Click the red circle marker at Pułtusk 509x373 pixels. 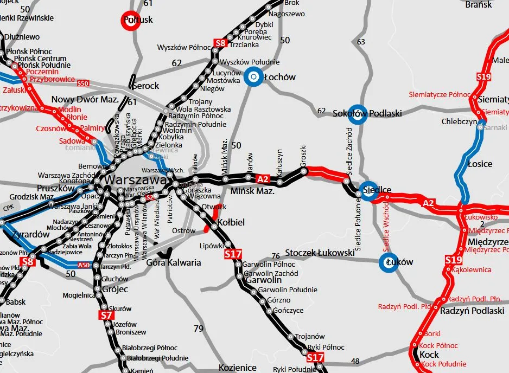coord(130,20)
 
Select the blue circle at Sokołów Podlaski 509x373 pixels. coord(356,113)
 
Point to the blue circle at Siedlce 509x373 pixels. coord(368,190)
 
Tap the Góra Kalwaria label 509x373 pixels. coord(174,262)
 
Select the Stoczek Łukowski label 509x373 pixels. coord(320,253)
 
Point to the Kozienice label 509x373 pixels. coord(237,368)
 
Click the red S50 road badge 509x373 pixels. coord(83,83)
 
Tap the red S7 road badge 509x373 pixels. coord(106,315)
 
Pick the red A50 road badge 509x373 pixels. coord(84,265)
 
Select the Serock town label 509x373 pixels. coord(145,86)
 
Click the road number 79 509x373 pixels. coord(199,329)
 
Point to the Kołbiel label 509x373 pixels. coord(231,222)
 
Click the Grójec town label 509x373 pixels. coord(114,289)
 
